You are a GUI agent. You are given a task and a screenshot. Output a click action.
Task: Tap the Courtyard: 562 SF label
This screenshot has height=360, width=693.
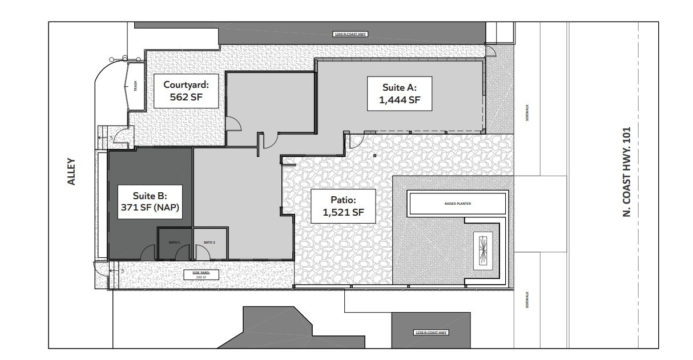187,92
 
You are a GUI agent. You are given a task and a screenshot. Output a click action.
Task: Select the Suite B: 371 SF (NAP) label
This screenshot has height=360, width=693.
149,201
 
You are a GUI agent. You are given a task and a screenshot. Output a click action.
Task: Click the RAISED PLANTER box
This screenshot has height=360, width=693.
457,203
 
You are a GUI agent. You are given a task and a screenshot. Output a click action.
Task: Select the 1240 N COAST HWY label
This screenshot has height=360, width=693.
350,35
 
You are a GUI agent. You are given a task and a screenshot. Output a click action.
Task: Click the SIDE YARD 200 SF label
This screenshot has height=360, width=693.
197,274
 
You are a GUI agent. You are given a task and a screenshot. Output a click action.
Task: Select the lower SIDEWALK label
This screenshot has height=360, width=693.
527,301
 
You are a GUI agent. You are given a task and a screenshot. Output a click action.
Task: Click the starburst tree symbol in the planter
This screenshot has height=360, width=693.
484,251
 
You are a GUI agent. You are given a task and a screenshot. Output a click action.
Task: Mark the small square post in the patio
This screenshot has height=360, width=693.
374,155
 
